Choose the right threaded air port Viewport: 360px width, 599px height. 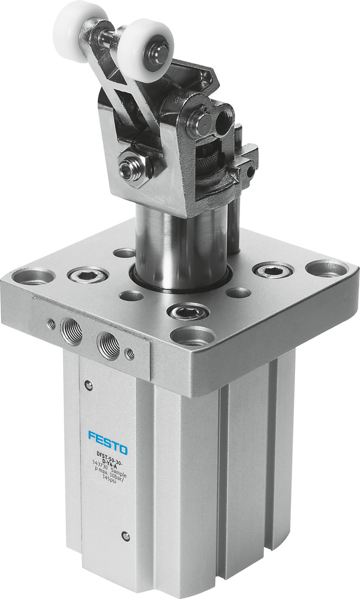tap(109, 345)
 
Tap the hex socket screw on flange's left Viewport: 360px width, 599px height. tap(88, 274)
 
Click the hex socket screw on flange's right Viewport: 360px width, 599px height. tap(273, 270)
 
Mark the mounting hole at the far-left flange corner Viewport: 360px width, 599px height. tap(33, 276)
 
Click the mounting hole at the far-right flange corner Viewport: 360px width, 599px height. tap(326, 268)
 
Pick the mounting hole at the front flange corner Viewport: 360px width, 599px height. tap(193, 336)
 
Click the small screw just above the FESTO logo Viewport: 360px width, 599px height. tap(88, 385)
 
